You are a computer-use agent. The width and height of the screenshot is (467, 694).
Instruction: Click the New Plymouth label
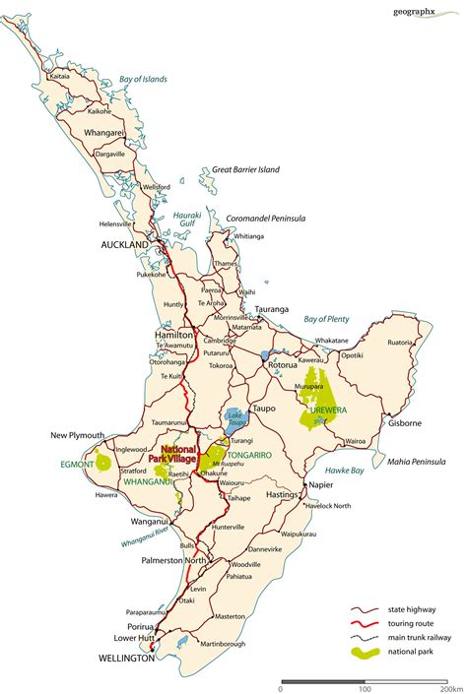point(80,435)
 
